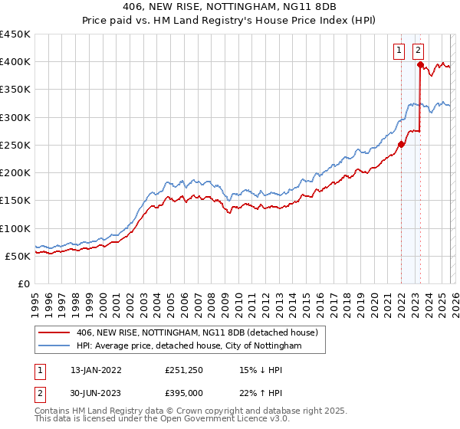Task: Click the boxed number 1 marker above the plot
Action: point(400,51)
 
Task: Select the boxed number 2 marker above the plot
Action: point(419,51)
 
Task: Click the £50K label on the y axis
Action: point(18,256)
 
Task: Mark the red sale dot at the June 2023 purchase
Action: point(420,65)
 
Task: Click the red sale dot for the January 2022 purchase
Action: point(401,144)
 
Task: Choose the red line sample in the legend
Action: point(54,333)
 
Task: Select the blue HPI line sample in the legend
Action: point(54,346)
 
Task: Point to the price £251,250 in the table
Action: point(183,369)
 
